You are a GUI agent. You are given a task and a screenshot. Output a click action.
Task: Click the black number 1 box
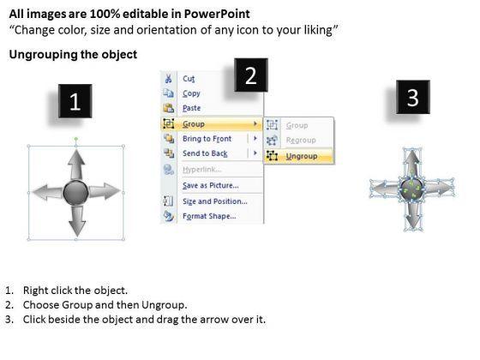click(75, 101)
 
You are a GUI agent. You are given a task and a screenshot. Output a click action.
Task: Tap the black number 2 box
click(251, 75)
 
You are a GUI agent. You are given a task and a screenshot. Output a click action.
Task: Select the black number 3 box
click(413, 98)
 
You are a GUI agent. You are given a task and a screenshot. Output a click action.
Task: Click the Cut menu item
click(189, 79)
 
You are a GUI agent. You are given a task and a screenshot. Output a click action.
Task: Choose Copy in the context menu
click(191, 93)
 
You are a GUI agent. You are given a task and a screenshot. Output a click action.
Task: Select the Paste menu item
click(192, 108)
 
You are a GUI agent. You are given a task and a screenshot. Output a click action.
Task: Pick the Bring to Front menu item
click(207, 139)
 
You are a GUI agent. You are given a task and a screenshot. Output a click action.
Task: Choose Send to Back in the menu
click(205, 153)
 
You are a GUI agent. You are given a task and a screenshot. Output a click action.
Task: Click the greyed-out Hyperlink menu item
click(202, 170)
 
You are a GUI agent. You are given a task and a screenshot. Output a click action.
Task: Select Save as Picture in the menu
click(211, 185)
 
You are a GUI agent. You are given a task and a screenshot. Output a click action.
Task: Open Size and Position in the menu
click(215, 201)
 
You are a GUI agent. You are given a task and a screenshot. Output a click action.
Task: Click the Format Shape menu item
click(209, 216)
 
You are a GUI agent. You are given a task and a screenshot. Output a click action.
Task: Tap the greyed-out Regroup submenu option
click(301, 141)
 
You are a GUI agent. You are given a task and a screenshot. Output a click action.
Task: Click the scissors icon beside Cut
click(168, 78)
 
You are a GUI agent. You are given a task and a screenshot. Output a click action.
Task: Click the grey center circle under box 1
click(75, 193)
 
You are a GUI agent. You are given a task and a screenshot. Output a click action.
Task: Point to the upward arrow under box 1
click(76, 165)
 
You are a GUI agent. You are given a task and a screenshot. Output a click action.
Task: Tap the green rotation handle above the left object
click(76, 139)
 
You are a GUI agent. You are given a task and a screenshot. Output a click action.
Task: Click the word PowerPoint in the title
click(217, 14)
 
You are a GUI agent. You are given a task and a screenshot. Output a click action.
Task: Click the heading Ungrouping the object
click(73, 55)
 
